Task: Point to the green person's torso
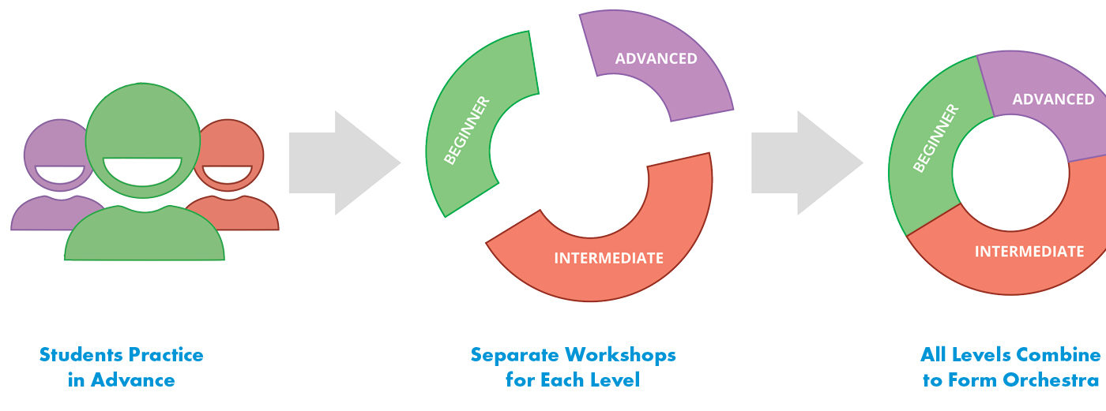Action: [x=145, y=237]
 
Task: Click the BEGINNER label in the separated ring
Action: [x=467, y=130]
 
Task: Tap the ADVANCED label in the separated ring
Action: [x=656, y=58]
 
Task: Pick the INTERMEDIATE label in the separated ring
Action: [x=608, y=258]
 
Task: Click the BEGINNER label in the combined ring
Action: [x=935, y=138]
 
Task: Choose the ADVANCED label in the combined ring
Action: [x=1053, y=99]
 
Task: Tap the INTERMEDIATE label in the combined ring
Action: [x=1029, y=252]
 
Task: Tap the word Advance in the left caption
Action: [x=133, y=380]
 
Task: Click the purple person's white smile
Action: [x=60, y=174]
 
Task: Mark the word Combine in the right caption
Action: [x=1059, y=355]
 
